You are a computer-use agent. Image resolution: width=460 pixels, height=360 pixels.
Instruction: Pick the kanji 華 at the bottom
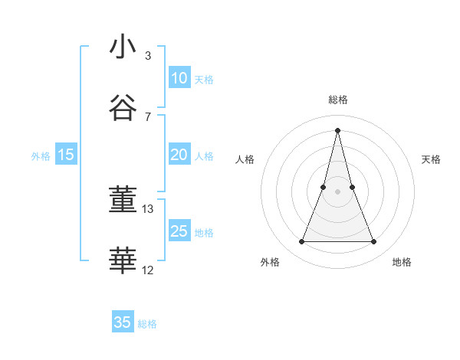click(123, 260)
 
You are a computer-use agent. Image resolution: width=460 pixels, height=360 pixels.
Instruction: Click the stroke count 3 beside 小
click(147, 56)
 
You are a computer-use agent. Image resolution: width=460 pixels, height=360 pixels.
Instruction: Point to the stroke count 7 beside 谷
click(147, 117)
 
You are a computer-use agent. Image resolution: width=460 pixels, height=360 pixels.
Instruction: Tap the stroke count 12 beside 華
click(148, 270)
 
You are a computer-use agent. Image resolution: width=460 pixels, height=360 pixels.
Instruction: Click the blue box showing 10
click(179, 78)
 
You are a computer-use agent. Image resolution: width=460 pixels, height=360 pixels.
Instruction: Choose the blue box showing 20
click(179, 155)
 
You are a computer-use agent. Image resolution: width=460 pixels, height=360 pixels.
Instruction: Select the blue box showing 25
click(179, 231)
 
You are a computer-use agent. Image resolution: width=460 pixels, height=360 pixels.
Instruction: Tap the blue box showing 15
click(66, 155)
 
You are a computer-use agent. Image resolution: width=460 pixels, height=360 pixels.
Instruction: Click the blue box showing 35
click(123, 322)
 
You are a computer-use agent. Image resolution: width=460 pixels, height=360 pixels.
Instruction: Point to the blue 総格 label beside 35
click(147, 324)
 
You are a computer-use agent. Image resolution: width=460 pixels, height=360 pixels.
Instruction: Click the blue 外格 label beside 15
click(41, 156)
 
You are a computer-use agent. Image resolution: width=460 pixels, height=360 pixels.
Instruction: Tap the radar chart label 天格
click(431, 159)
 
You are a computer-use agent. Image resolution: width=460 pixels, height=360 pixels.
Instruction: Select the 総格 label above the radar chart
click(337, 100)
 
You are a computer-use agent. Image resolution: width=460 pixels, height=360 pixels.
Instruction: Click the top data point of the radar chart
click(337, 129)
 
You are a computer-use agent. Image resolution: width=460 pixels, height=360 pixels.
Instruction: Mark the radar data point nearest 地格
click(373, 242)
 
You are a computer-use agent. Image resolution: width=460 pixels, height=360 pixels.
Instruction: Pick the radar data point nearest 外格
click(301, 242)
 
